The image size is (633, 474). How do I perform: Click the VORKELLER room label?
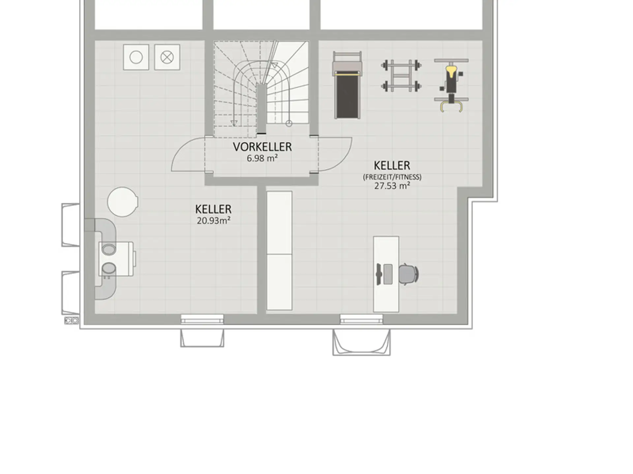click(262, 147)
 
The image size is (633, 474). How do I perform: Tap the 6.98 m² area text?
click(262, 158)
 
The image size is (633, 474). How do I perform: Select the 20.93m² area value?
click(213, 221)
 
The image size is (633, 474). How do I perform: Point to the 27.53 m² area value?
click(392, 186)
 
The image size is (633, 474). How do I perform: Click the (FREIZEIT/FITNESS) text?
click(392, 177)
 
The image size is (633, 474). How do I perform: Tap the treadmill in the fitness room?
click(347, 85)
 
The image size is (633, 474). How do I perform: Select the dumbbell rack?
click(401, 76)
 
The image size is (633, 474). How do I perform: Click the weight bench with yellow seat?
click(451, 85)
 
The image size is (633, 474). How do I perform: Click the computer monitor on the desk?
click(379, 274)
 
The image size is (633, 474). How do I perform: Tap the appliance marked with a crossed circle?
click(167, 57)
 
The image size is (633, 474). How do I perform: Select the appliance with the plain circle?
click(136, 57)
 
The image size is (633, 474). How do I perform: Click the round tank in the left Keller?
click(122, 202)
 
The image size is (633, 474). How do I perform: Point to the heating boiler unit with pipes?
click(115, 259)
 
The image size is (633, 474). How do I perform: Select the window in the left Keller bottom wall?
click(202, 319)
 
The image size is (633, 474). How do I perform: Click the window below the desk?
click(361, 319)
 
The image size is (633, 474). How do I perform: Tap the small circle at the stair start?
click(289, 123)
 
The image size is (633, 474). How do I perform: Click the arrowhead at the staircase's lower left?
click(234, 123)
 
